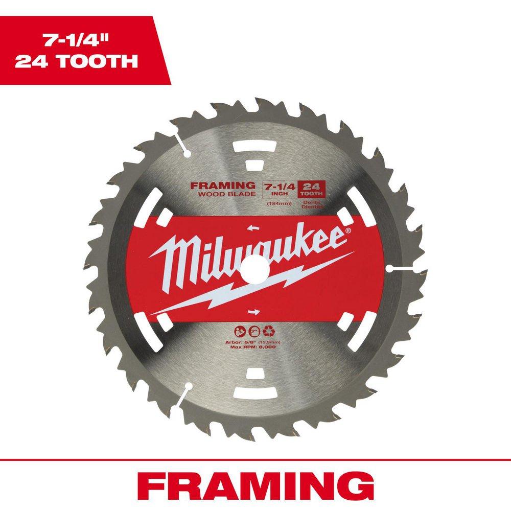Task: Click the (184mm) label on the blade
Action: (274, 203)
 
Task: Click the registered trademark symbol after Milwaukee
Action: (348, 231)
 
